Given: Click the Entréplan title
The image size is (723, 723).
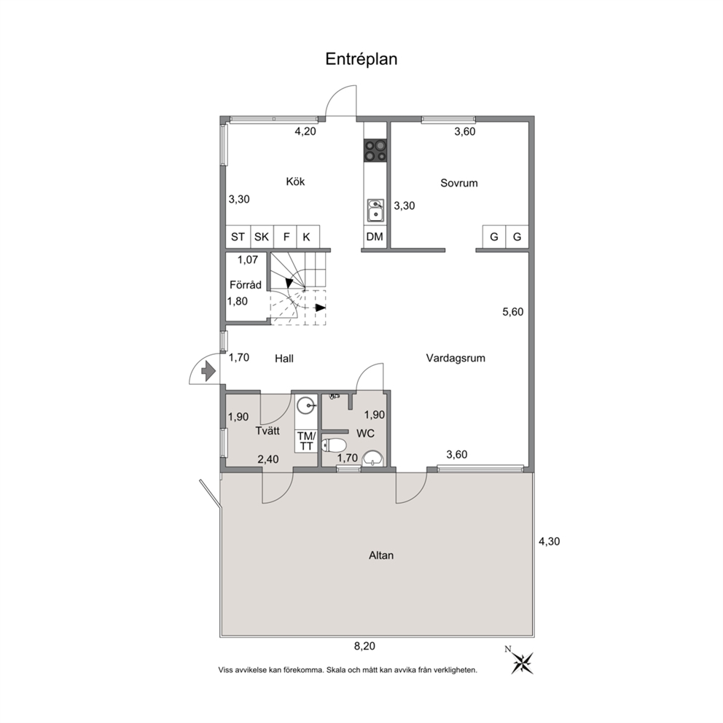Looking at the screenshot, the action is tap(361, 59).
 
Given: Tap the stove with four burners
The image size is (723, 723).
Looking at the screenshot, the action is tap(375, 150).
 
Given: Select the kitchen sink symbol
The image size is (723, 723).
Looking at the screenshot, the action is tap(375, 210).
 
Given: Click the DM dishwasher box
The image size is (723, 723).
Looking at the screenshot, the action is tap(375, 237).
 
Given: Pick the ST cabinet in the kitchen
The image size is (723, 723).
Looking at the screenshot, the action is tap(238, 237).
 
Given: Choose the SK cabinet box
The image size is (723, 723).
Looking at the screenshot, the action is tap(262, 237).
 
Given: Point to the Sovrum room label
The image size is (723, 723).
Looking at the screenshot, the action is tap(458, 183).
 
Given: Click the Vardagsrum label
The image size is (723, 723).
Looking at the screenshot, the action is tap(456, 359).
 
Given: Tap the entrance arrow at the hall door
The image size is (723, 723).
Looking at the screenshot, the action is tap(209, 371).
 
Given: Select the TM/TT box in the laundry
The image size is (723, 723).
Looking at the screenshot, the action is tap(306, 441).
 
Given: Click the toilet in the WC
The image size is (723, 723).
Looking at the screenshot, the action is tap(334, 445).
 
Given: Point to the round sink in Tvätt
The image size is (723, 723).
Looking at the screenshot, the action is tap(306, 406).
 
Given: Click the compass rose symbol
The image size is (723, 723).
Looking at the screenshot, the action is tap(522, 663).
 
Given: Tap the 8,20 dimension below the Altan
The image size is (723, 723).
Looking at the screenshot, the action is tap(364, 646).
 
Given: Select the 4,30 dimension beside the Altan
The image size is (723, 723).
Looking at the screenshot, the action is tap(549, 542).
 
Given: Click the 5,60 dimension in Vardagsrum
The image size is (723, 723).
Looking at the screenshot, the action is tap(513, 312).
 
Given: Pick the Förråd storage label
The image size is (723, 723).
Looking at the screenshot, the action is tap(246, 284).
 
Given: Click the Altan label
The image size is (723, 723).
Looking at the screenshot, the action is tap(381, 555).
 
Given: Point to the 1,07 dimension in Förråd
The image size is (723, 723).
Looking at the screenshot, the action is tap(248, 259).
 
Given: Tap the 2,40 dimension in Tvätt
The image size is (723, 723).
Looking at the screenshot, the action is tap(268, 458).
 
